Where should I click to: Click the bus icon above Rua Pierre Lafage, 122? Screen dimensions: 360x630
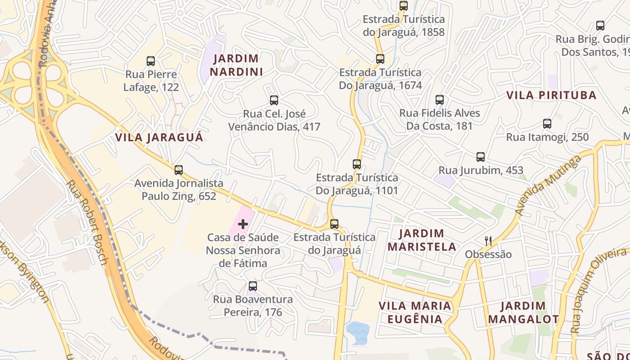point(151,61)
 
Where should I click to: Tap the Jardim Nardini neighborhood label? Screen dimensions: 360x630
point(236,65)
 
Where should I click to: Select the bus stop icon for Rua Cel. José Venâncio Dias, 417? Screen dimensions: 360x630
point(274,100)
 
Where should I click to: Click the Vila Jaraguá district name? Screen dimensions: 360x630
point(159,137)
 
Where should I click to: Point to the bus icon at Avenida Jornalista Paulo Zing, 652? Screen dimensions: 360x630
point(179,170)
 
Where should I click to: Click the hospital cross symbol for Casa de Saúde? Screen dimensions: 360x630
point(243,224)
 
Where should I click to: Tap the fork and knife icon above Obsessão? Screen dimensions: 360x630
point(488,241)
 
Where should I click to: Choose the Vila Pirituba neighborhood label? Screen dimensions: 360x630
point(551,95)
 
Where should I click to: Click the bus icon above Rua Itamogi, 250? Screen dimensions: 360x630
point(547,123)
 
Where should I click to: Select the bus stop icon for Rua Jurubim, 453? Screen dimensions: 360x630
point(481,157)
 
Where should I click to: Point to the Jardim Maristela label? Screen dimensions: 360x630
point(422,240)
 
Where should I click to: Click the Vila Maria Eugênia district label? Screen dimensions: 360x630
point(414,312)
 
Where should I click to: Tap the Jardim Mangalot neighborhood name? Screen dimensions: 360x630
point(523,312)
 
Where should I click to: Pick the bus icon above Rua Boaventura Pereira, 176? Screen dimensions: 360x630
point(253,286)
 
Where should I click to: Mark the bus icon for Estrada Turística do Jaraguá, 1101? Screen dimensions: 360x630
point(357,164)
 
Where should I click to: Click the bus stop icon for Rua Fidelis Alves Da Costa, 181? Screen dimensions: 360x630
point(440,99)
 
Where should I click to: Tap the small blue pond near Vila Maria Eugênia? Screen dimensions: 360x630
point(357,332)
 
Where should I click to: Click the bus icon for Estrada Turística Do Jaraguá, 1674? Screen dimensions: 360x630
point(380,58)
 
